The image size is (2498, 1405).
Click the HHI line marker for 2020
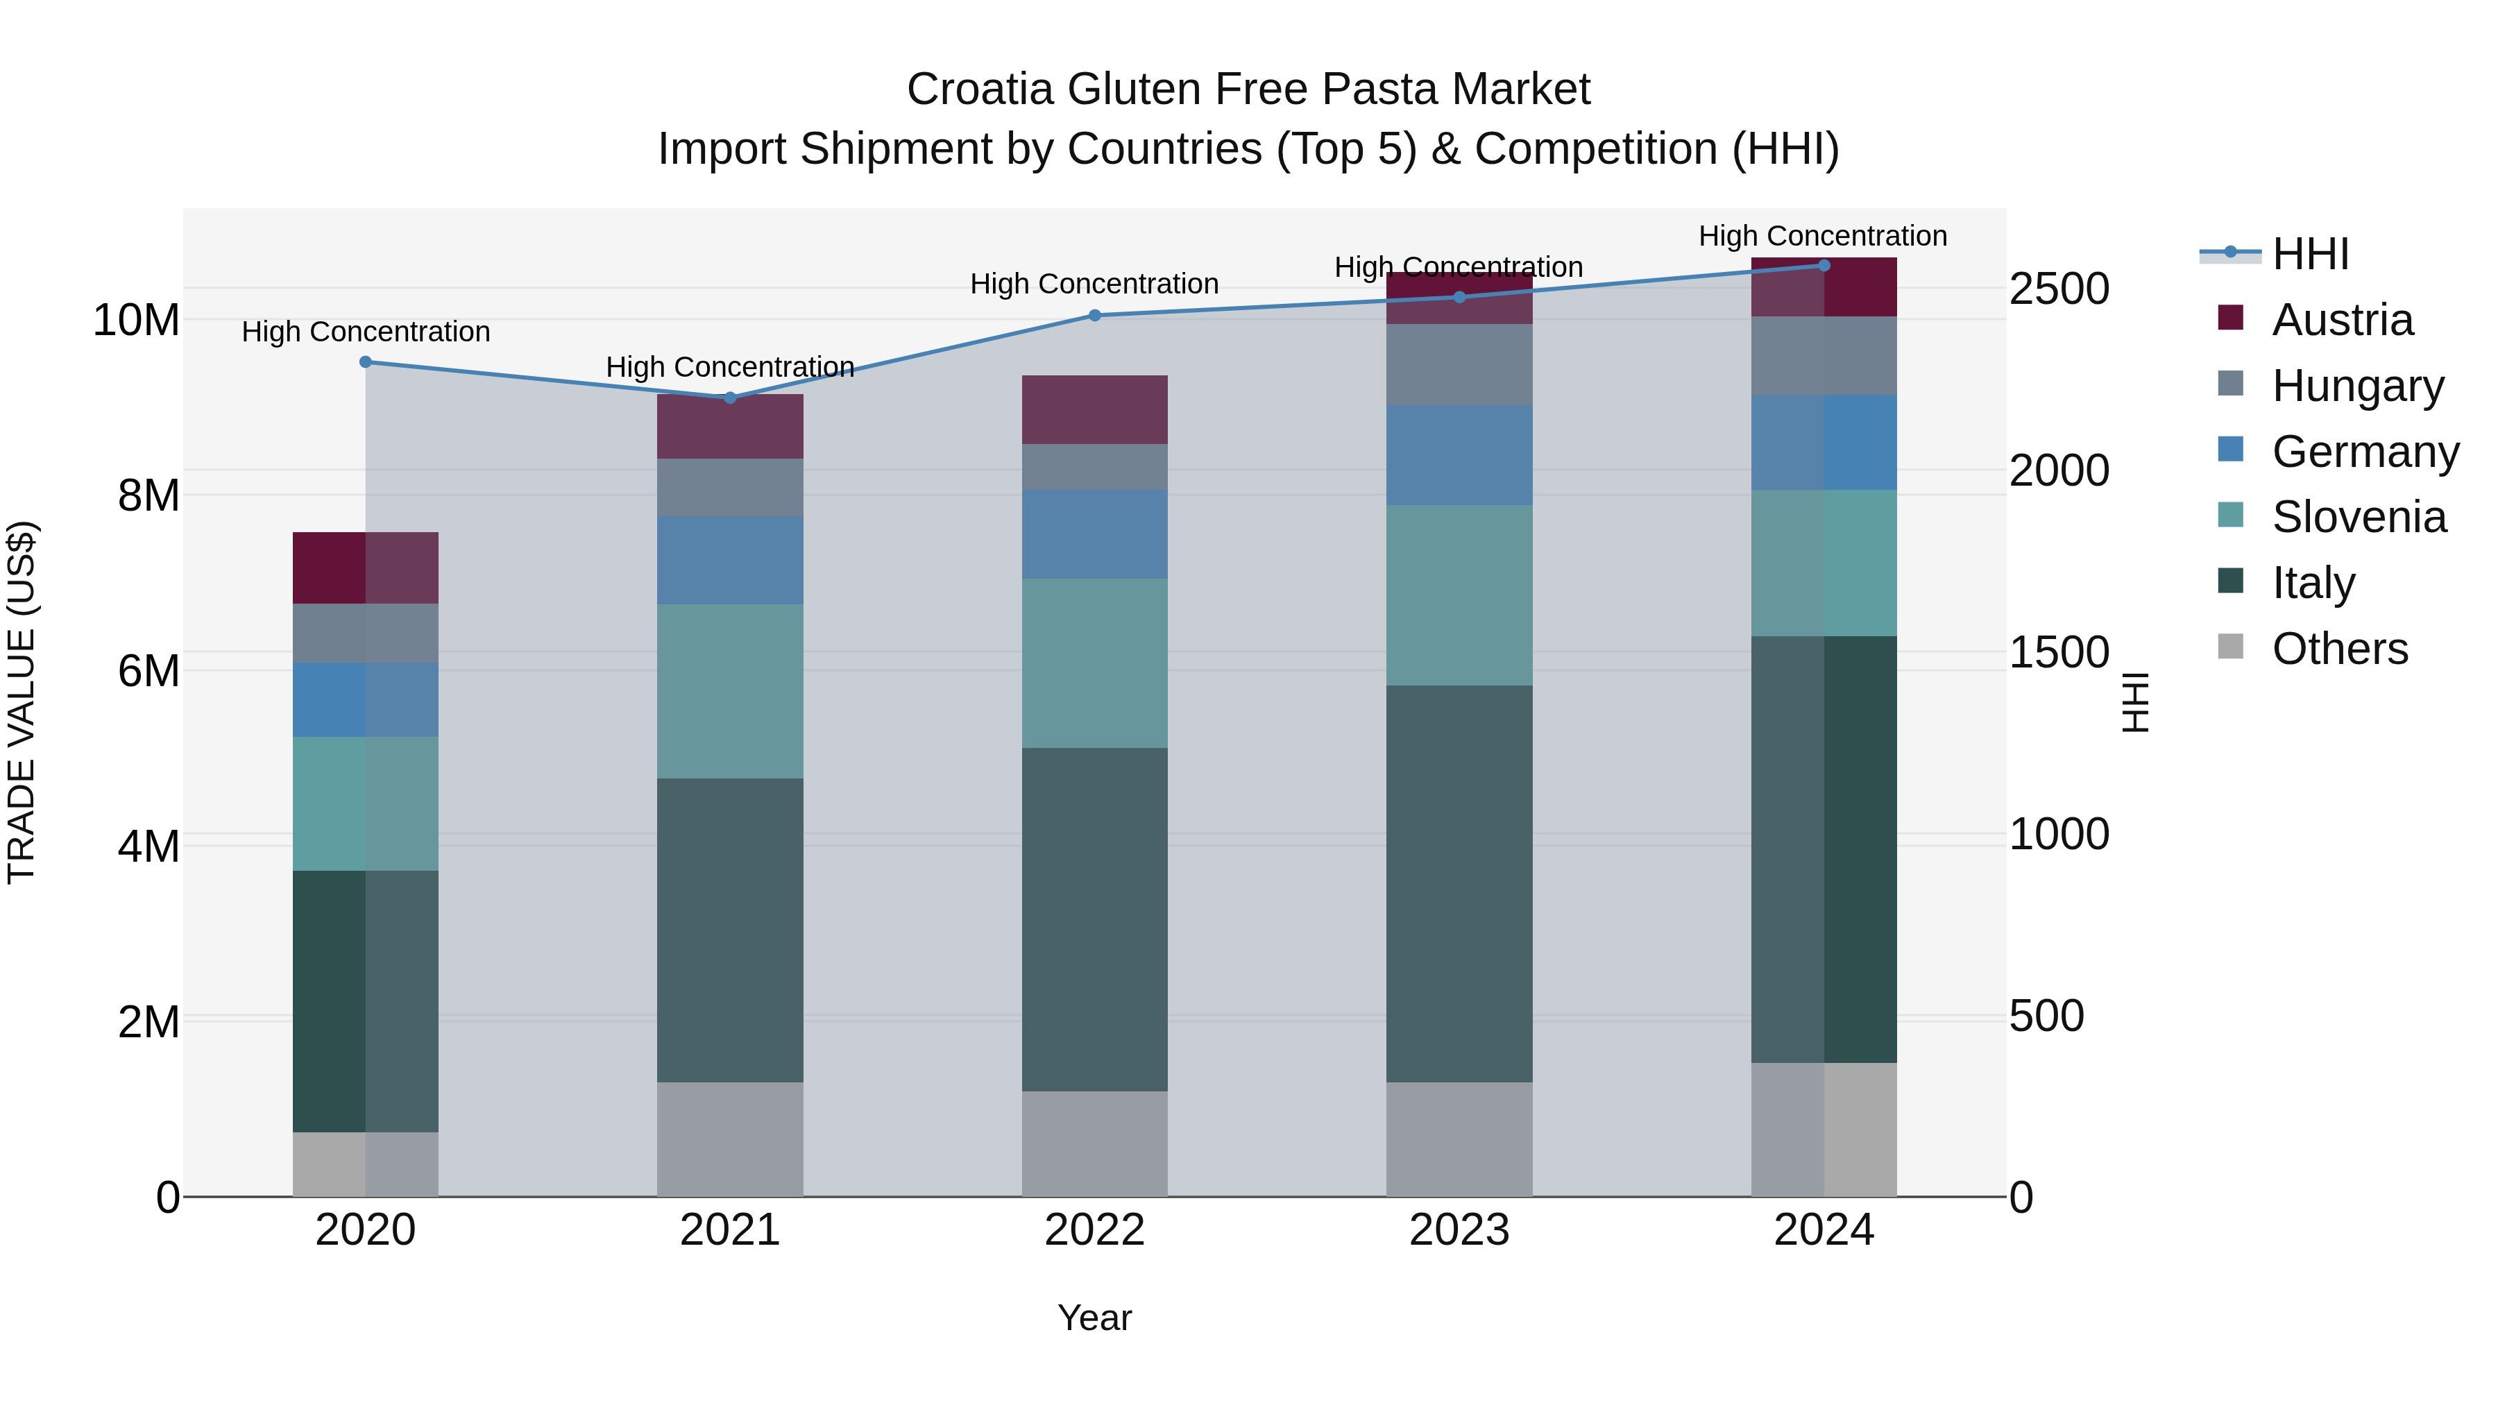pyautogui.click(x=366, y=361)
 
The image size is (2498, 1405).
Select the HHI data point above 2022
pyautogui.click(x=1095, y=315)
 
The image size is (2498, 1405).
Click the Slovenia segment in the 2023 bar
pyautogui.click(x=1459, y=595)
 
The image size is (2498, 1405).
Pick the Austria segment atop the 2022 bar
pyautogui.click(x=1095, y=409)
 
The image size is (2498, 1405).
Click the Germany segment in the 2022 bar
pyautogui.click(x=1095, y=534)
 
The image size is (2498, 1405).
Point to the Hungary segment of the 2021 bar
pyautogui.click(x=730, y=487)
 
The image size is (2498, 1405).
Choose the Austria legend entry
pyautogui.click(x=2341, y=320)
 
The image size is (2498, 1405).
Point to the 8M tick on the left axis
pyautogui.click(x=148, y=495)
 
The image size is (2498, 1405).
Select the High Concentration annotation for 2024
pyautogui.click(x=1822, y=236)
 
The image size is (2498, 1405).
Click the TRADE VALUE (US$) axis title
pyautogui.click(x=22, y=702)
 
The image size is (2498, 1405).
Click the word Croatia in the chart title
pyautogui.click(x=979, y=90)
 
